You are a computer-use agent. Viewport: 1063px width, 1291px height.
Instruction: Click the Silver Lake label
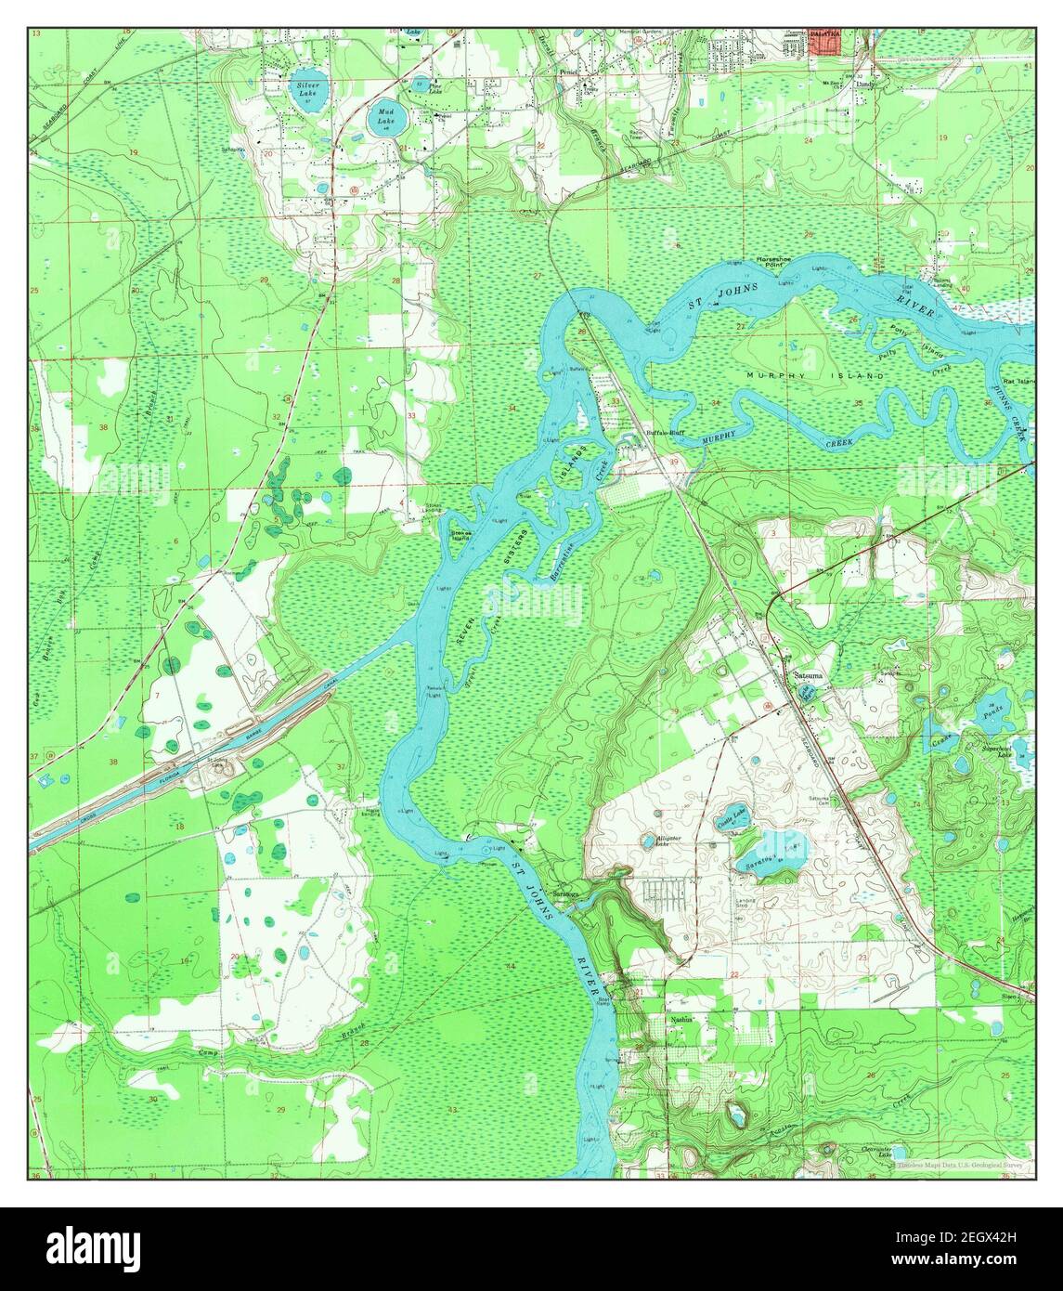coord(306,89)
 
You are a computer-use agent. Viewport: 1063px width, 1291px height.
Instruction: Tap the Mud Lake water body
coord(385,117)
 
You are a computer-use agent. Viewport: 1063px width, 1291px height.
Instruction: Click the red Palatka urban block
coord(823,43)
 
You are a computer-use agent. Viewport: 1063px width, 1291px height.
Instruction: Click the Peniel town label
coord(569,70)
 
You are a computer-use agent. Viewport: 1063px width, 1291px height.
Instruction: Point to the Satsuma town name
coord(807,675)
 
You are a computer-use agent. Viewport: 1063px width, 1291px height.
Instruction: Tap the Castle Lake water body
coord(733,817)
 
